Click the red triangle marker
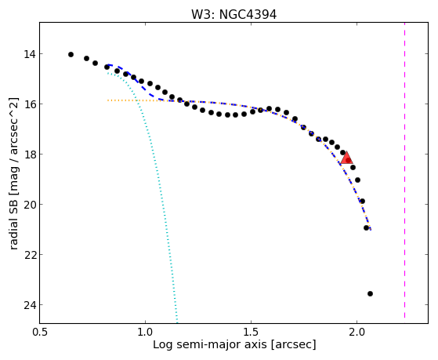(346, 159)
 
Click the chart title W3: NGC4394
(233, 15)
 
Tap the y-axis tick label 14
(29, 54)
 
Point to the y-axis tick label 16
(29, 104)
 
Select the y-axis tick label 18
(29, 155)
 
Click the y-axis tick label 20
(29, 205)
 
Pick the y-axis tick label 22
(29, 255)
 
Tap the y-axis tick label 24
(29, 305)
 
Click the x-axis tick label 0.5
(40, 333)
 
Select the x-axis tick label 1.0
(145, 333)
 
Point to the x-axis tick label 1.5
(251, 333)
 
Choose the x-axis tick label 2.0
(357, 333)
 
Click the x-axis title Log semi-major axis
(210, 345)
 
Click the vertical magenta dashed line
(404, 170)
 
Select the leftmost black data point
(71, 55)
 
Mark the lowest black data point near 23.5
(370, 293)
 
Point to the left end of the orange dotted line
(108, 100)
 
